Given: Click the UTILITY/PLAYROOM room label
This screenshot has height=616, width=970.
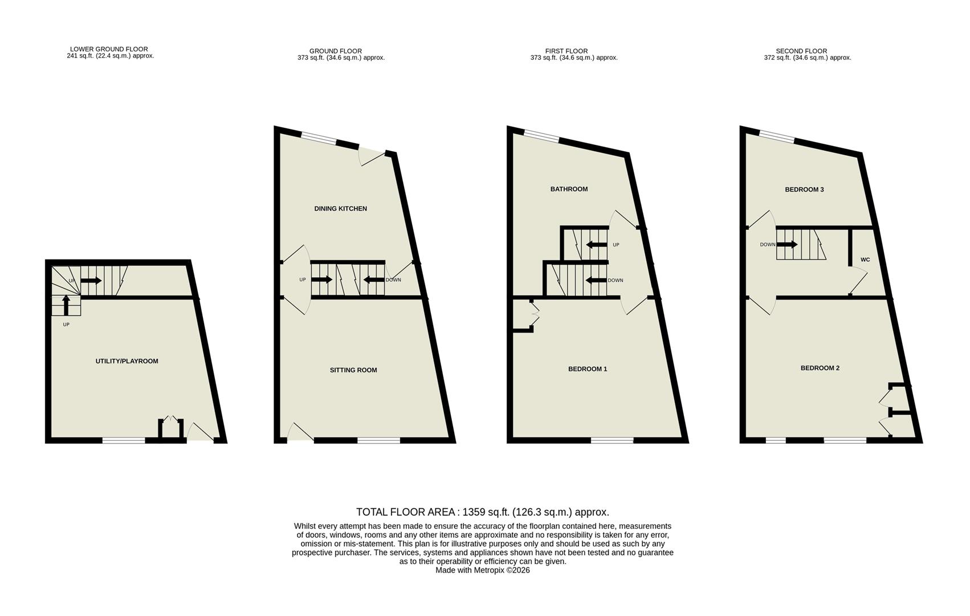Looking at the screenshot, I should tap(127, 361).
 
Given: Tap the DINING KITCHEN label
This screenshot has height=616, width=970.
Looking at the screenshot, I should tap(340, 209).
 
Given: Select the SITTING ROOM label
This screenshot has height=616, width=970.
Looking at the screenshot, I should tap(353, 370).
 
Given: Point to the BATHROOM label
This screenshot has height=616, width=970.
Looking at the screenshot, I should tap(569, 189).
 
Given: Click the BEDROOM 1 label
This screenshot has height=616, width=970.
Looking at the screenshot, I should tap(588, 369).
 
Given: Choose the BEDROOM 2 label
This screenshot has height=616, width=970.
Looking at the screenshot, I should tap(820, 368).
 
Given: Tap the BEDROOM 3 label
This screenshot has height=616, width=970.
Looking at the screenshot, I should tap(804, 190).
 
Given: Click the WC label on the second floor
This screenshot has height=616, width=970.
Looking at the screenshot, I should tap(865, 260).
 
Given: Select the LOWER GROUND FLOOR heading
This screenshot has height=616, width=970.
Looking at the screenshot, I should tap(109, 49).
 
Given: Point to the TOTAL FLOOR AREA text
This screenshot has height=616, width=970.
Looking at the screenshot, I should tap(482, 512).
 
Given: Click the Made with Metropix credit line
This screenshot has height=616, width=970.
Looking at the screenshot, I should tap(482, 570).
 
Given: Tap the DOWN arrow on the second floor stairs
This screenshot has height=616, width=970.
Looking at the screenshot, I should tap(786, 245).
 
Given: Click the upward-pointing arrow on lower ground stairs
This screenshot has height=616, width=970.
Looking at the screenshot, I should tap(66, 304).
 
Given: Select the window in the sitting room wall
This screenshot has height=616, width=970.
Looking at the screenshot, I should tap(378, 440).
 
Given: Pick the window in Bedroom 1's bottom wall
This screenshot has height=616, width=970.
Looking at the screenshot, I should tap(612, 440).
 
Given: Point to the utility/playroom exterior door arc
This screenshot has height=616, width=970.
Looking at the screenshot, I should tap(199, 432).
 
